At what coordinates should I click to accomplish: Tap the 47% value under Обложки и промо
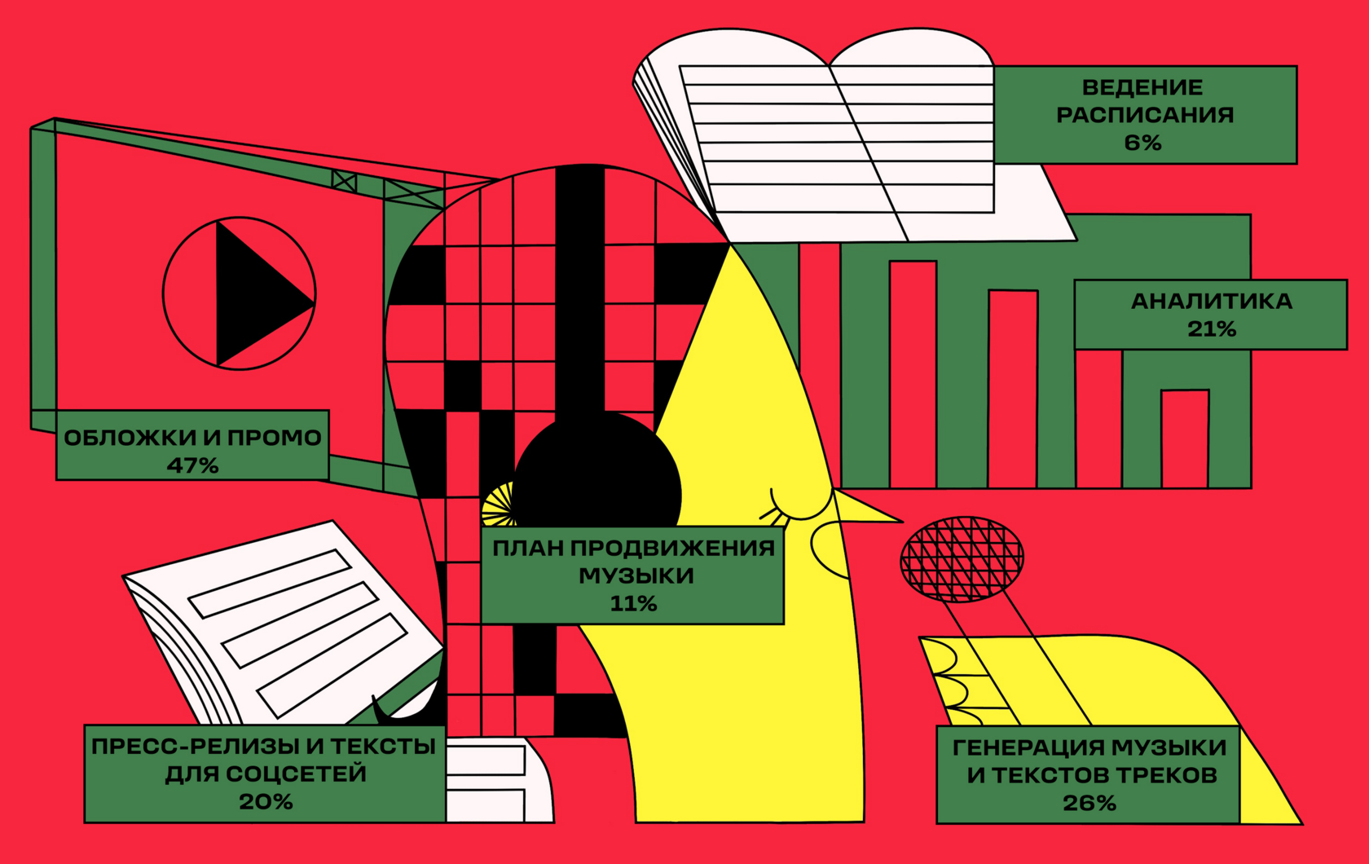pos(193,465)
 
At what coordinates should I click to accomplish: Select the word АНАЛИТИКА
pos(1211,302)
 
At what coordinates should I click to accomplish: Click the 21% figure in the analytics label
pos(1212,329)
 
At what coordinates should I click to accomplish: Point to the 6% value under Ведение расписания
pos(1142,143)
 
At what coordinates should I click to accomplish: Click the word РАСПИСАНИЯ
pos(1145,115)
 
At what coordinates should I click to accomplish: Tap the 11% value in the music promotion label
pos(633,604)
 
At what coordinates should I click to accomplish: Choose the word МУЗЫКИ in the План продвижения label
pos(636,576)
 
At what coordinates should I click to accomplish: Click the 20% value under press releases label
pos(266,802)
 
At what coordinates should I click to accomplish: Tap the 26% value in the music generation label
pos(1089,804)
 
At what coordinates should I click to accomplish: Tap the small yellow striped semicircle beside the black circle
pos(498,506)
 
